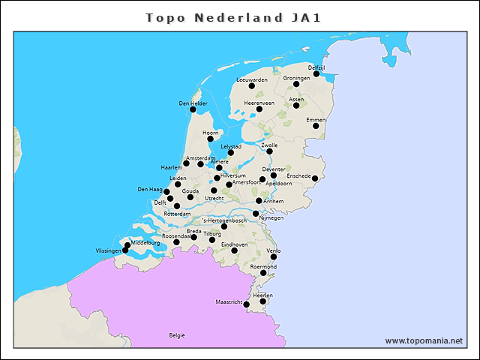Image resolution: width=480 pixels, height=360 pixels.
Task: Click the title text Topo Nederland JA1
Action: pos(233,17)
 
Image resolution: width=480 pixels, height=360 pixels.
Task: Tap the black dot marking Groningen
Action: pos(296,84)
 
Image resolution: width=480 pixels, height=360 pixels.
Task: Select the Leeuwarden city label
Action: pos(252,79)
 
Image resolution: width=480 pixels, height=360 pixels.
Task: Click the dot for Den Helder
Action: pos(193,109)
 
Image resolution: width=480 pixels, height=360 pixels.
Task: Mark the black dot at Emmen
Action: pos(316,126)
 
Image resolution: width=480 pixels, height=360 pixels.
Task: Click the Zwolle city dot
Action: pos(269,151)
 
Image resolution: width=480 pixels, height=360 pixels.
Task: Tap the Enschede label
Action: pos(299,176)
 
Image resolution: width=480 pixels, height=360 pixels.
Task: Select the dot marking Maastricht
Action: pos(247,304)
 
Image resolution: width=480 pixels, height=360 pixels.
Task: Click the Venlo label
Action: pos(274,250)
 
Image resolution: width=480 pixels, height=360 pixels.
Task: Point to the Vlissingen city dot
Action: pos(125,250)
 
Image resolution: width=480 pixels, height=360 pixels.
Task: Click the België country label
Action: pos(177,335)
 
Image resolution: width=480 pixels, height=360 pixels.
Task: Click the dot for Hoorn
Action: pos(210,139)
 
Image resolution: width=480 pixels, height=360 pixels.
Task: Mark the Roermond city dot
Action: pos(263,273)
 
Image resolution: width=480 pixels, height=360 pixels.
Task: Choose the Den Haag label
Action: pos(150,190)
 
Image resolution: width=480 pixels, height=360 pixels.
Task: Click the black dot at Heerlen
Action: pos(262,301)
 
